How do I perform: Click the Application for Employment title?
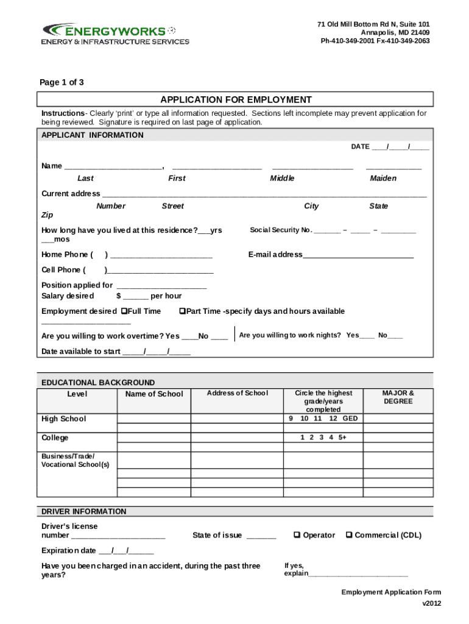coord(236,100)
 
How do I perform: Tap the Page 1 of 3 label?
coord(62,83)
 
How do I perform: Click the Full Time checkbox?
coord(124,311)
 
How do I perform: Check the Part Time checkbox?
coord(182,311)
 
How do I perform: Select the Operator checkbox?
coord(297,535)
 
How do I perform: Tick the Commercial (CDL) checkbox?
coord(349,535)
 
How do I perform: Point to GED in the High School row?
coord(350,419)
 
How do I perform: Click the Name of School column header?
coord(153,394)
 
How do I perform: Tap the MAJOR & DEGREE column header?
coord(398,397)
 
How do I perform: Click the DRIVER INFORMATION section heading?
coord(84,512)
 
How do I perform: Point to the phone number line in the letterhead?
coord(375,41)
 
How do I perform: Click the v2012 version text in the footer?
coord(431,603)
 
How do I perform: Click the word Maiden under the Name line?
coord(383,179)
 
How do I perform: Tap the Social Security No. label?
coord(281,230)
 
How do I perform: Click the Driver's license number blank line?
coord(118,537)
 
